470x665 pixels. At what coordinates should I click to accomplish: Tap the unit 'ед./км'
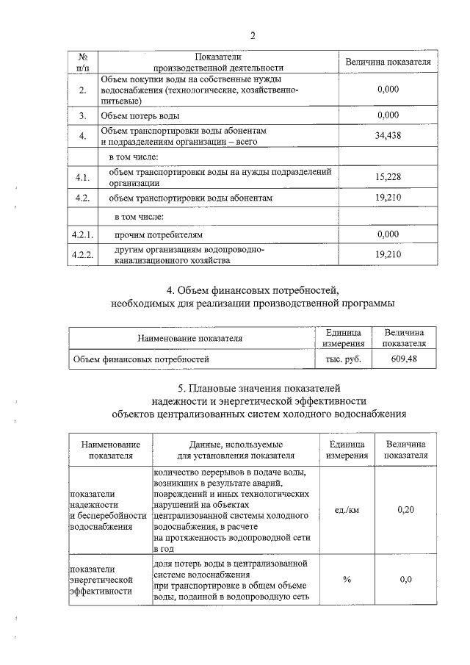point(344,509)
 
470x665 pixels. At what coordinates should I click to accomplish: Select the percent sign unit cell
point(344,579)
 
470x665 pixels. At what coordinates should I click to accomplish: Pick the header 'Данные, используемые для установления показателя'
point(231,450)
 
